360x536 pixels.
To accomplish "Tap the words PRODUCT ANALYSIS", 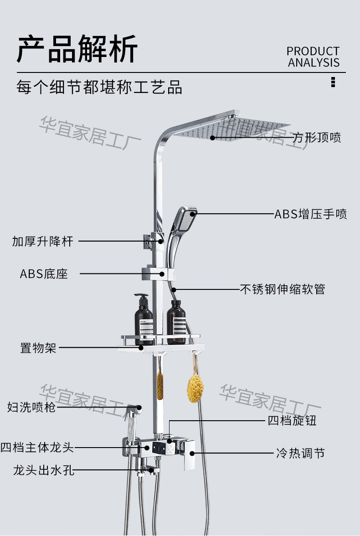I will click(313, 57).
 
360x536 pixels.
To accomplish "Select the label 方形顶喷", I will click(317, 137).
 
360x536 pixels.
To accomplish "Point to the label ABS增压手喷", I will click(310, 214).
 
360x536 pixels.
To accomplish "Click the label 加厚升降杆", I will click(42, 241).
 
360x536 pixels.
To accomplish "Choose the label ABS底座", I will click(44, 274).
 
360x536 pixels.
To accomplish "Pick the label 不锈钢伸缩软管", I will click(283, 289).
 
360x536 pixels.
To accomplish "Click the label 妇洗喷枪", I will click(31, 407).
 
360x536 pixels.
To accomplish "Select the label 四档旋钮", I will click(292, 420).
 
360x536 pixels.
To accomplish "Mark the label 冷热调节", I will click(300, 454).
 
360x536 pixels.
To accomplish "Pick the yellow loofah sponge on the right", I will click(195, 388).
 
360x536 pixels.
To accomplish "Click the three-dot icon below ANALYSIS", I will click(333, 82).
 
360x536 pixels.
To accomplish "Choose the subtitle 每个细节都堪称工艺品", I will click(99, 87).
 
